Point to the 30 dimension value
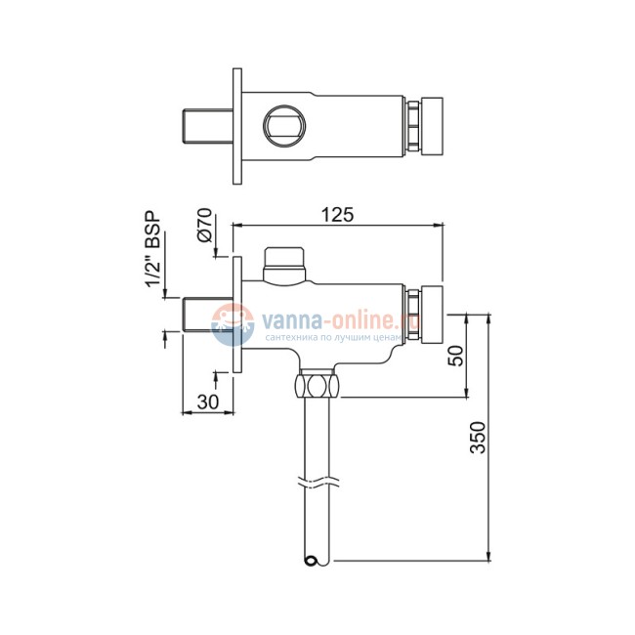click(206, 401)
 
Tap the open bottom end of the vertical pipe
click(312, 560)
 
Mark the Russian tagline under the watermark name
click(331, 334)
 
